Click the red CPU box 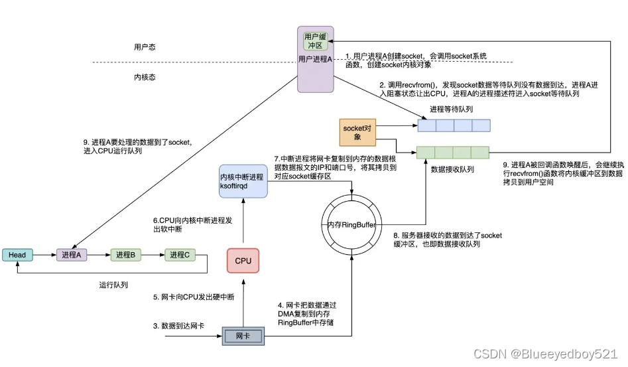click(243, 260)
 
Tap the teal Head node click(18, 255)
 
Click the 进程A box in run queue click(72, 255)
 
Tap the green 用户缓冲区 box click(316, 41)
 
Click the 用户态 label click(145, 48)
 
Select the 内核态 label click(145, 78)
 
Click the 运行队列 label click(113, 285)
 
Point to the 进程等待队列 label click(451, 109)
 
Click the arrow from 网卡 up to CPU click(243, 302)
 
